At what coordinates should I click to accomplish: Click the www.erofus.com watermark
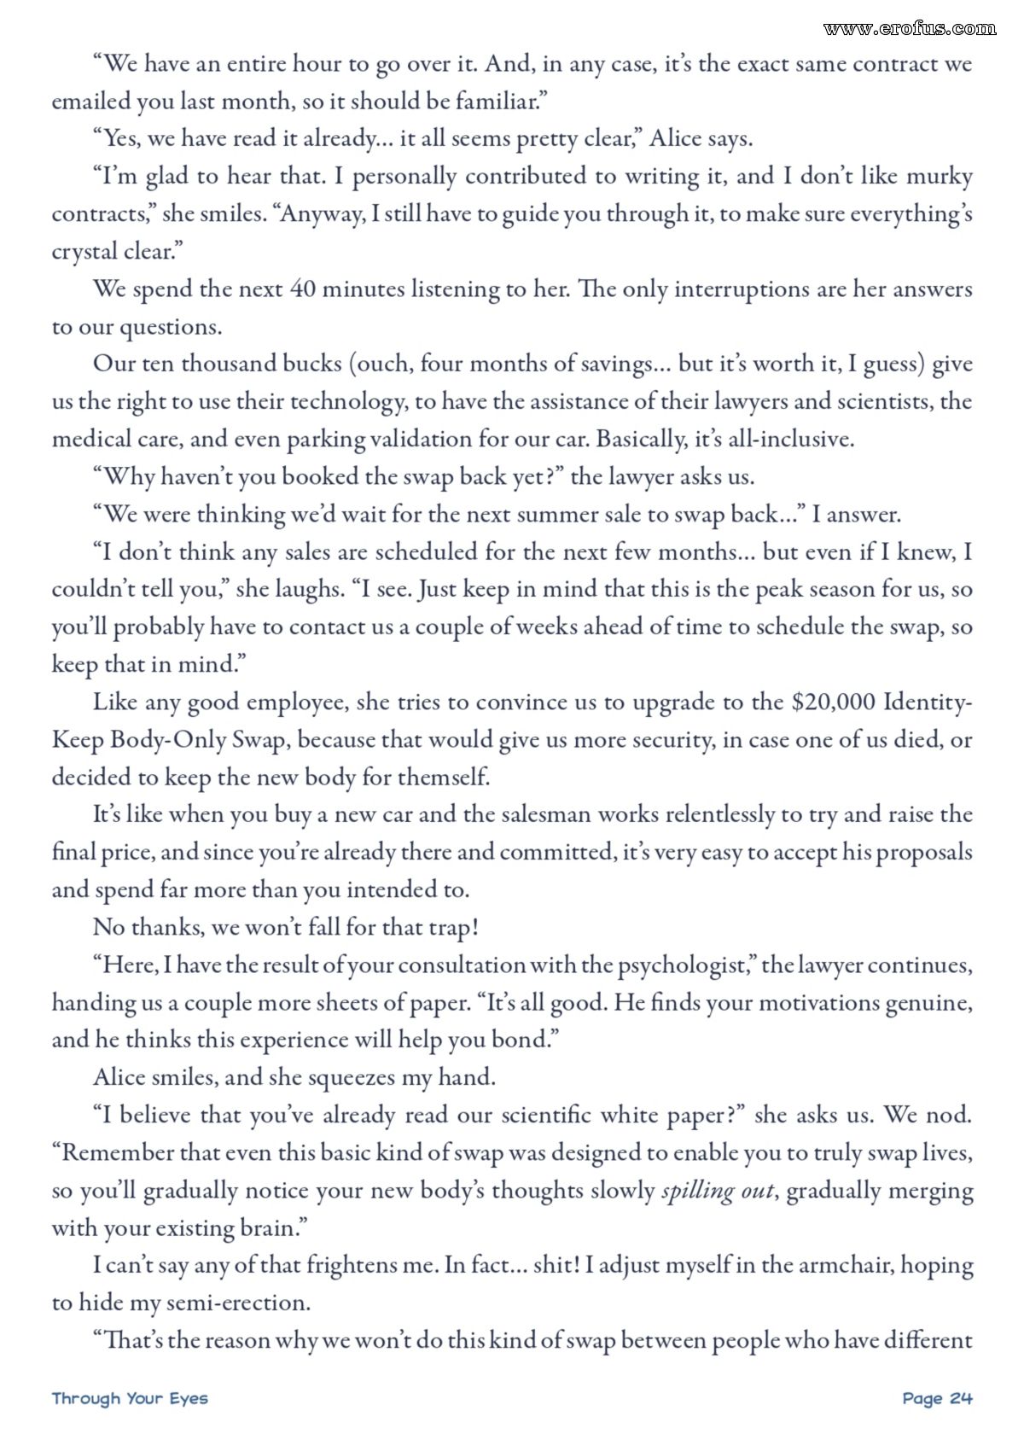click(x=910, y=28)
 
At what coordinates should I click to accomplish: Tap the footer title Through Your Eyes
click(x=130, y=1398)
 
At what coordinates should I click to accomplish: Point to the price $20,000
click(x=834, y=702)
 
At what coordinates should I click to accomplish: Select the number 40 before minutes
click(x=302, y=289)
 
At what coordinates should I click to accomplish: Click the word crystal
click(x=84, y=252)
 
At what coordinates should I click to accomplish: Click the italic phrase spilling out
click(x=718, y=1191)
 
